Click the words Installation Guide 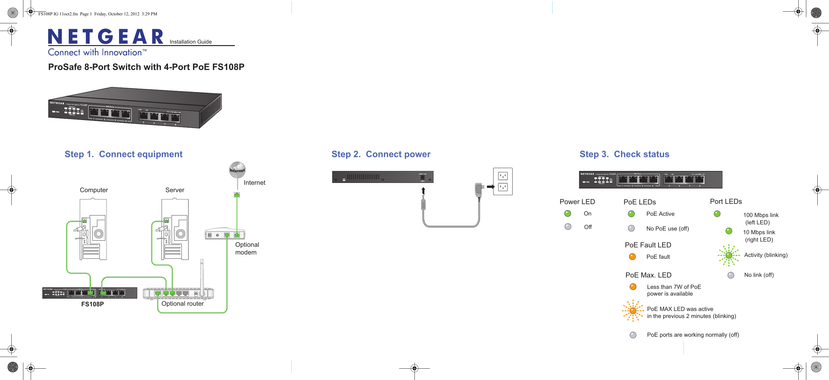190,42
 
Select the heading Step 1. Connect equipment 123,154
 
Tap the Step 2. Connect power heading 381,154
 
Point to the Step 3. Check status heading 624,154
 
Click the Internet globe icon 237,170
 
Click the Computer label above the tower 94,190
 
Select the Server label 175,190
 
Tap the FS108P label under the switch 92,304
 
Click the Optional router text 182,304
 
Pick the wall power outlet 503,181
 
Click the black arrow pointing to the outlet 490,187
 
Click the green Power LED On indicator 568,214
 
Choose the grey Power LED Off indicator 568,227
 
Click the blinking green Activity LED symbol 729,255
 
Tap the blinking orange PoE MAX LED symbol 633,311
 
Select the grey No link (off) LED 731,275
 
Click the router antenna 202,275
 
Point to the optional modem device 225,234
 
